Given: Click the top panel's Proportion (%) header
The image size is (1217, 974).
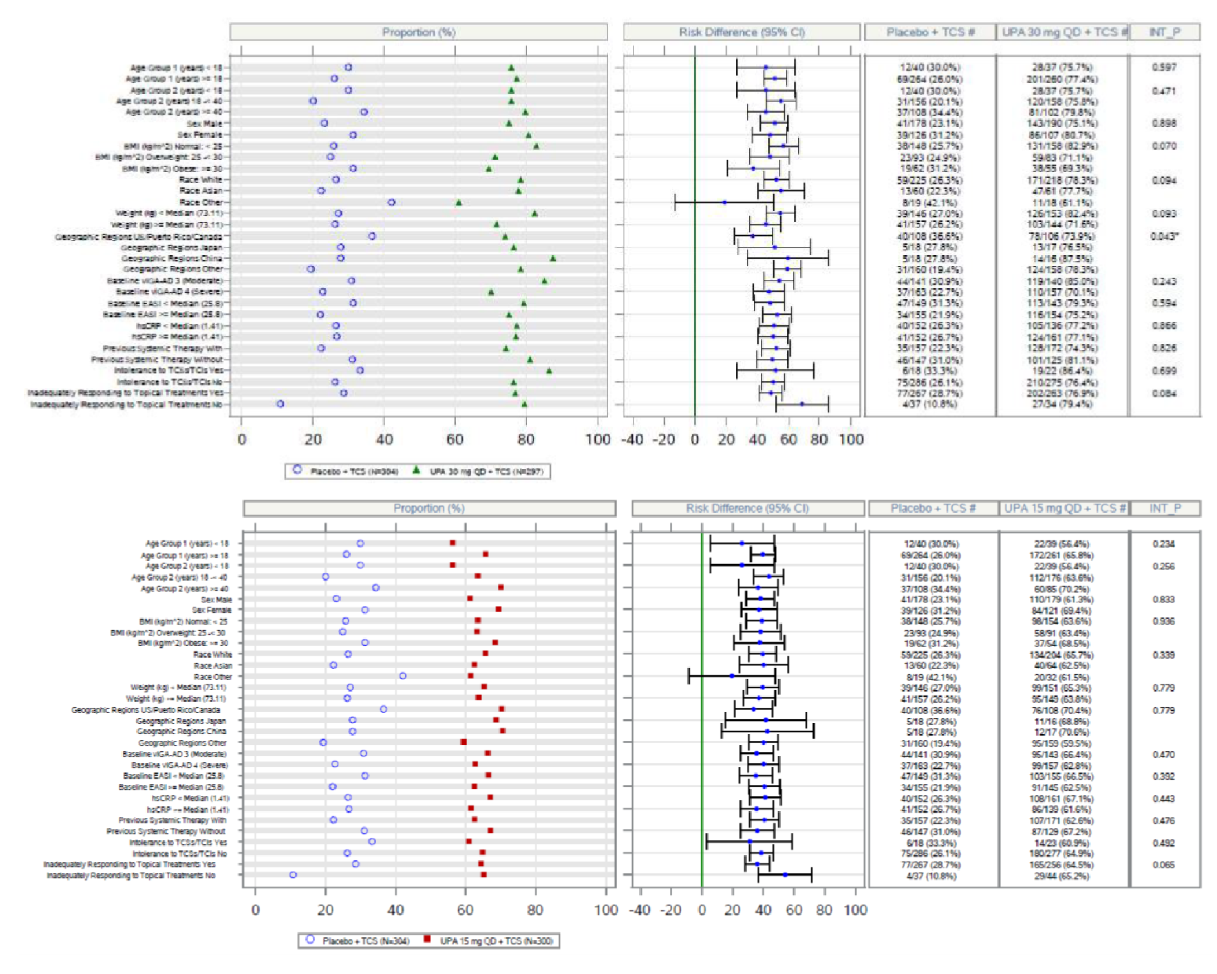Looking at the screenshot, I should (418, 32).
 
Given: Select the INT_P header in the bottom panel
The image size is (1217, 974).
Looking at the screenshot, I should (1165, 508).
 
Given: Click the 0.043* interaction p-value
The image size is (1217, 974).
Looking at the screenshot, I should (1164, 236).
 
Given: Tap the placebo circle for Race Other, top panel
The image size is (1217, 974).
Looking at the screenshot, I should (392, 202).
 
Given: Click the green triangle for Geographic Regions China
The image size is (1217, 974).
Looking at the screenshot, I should (553, 259).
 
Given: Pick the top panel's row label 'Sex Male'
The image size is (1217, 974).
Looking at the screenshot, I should (205, 123).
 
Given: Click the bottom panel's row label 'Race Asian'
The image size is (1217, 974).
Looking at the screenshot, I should (213, 666).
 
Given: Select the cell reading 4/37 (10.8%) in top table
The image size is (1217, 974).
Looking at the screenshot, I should (930, 404).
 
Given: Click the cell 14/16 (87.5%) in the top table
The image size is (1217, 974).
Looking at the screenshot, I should (1062, 259).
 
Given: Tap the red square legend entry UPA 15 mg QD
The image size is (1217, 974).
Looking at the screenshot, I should (428, 940).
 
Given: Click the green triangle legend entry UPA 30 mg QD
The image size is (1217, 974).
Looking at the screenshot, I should (416, 470).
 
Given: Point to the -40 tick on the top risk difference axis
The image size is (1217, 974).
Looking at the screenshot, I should (632, 439).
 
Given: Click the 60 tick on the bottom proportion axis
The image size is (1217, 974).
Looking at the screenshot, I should (465, 910).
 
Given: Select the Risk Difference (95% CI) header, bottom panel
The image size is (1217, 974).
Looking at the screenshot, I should (747, 508).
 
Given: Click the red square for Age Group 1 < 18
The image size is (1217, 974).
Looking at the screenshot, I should (453, 543).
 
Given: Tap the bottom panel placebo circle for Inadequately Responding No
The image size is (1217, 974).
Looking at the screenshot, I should (293, 875).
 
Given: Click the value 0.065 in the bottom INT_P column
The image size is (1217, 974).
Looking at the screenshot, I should (1164, 864).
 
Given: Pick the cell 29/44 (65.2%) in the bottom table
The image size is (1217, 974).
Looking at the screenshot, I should (1062, 875).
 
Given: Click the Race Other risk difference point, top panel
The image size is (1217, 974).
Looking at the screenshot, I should (724, 202).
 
